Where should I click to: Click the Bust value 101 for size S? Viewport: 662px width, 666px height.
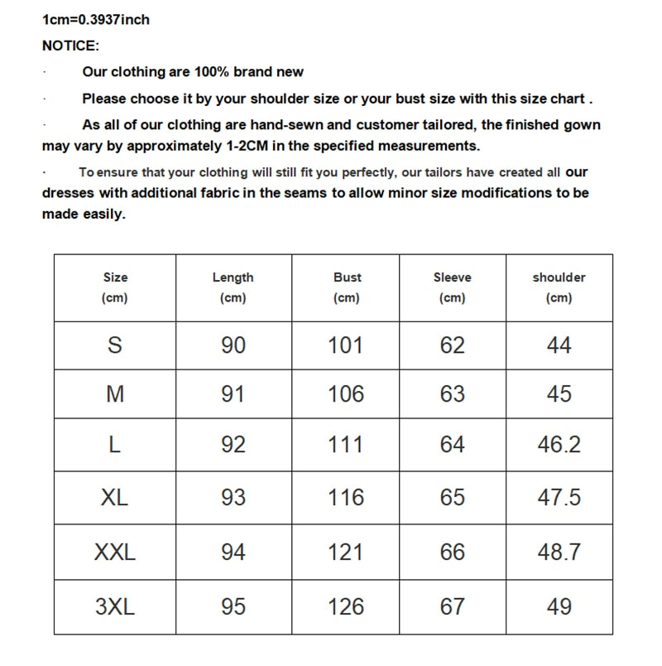pyautogui.click(x=346, y=345)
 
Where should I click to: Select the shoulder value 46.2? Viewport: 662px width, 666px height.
pyautogui.click(x=559, y=444)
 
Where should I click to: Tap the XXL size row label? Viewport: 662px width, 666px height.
pyautogui.click(x=115, y=552)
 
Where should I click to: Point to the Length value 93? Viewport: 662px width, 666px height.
pyautogui.click(x=233, y=497)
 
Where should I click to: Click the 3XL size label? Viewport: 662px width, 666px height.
pyautogui.click(x=115, y=606)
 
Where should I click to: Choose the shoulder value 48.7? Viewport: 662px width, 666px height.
pyautogui.click(x=559, y=552)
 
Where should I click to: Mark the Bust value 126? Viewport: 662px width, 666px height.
pyautogui.click(x=346, y=606)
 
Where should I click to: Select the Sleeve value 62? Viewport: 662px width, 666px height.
pyautogui.click(x=453, y=345)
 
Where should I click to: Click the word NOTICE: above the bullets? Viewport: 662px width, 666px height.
pyautogui.click(x=70, y=46)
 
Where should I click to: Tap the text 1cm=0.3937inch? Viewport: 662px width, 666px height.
pyautogui.click(x=96, y=19)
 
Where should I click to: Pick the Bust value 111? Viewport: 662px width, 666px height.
pyautogui.click(x=346, y=444)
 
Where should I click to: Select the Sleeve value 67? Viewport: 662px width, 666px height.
pyautogui.click(x=453, y=606)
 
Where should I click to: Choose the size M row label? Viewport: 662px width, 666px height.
pyautogui.click(x=115, y=394)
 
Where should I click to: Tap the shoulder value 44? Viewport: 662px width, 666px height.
pyautogui.click(x=559, y=345)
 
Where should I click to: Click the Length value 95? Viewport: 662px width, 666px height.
pyautogui.click(x=233, y=606)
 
